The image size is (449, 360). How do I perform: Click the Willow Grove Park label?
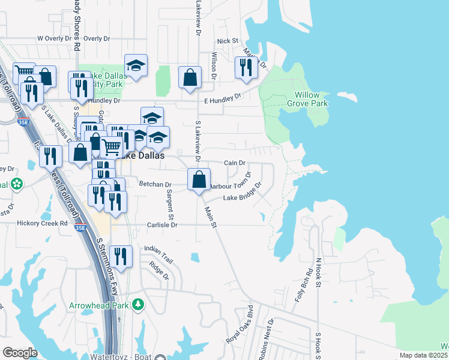point(311,100)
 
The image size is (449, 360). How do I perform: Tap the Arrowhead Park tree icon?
point(139,305)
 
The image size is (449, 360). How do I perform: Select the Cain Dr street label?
point(235,163)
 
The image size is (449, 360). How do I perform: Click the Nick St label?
point(228,41)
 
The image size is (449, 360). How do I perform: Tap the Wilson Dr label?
point(214,65)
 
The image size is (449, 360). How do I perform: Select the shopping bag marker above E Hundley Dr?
point(190,78)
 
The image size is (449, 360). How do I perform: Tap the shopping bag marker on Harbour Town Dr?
point(199,179)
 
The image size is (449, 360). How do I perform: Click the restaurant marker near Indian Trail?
point(121,257)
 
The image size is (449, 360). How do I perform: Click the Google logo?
point(20,353)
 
